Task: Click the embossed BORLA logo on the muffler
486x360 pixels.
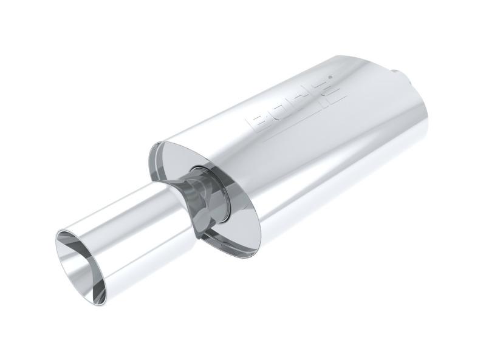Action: pos(298,106)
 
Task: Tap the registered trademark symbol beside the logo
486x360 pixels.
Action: pos(329,78)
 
